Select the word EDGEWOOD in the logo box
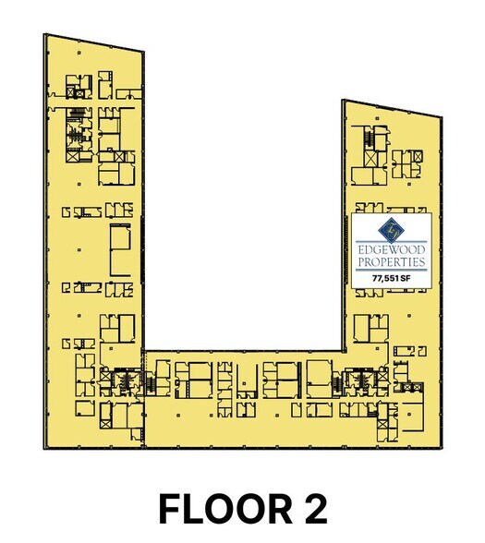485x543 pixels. [x=392, y=250]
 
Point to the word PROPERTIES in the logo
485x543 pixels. [x=392, y=262]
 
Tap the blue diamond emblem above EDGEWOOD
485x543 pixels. [x=392, y=230]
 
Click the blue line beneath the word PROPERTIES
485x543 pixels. [x=392, y=270]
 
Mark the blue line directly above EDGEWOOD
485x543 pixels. [x=392, y=241]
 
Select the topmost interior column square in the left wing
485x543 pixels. [x=79, y=53]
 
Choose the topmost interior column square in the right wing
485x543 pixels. [x=377, y=118]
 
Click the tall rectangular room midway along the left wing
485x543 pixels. [x=120, y=249]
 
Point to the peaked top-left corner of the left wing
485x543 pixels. [x=44, y=34]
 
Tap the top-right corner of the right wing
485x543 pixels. [x=442, y=117]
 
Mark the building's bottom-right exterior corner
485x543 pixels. [x=442, y=449]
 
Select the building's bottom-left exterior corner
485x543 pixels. [x=44, y=449]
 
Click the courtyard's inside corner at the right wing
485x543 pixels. [x=344, y=351]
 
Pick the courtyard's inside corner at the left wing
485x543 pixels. [x=143, y=351]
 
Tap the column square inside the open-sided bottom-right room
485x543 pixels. [x=409, y=414]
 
